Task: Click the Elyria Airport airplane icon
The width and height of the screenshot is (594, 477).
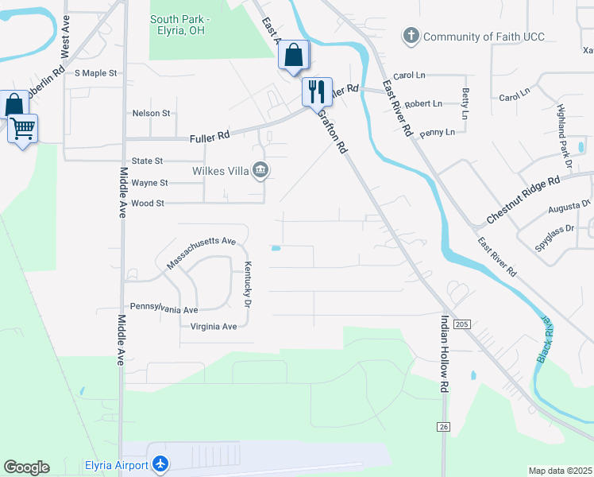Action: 161,463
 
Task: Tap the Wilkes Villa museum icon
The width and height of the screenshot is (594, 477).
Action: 260,169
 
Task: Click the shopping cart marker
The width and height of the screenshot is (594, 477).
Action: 22,127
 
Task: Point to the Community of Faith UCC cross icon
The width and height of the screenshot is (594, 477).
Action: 411,36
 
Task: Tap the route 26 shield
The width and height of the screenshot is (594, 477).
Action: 443,427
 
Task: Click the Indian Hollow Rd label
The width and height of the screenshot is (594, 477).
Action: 444,353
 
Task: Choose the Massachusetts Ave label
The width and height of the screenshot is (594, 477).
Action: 202,252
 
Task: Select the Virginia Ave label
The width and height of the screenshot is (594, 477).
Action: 209,326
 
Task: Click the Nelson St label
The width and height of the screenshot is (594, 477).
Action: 151,114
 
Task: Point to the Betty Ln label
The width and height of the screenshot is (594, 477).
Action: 465,99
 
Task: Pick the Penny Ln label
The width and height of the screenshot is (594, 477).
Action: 438,132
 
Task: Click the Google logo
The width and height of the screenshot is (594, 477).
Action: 26,467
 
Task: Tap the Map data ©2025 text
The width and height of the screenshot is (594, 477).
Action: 559,471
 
